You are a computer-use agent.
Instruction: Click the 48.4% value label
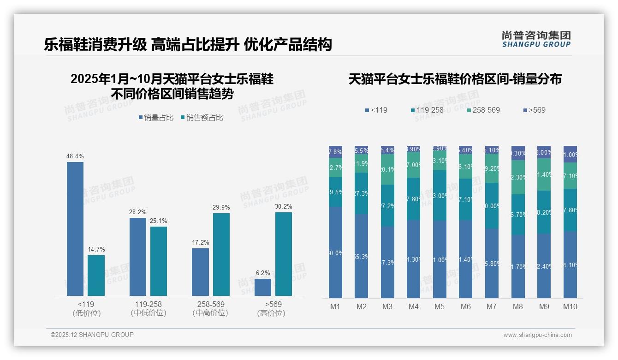(75, 156)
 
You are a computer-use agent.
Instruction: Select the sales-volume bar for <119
(75, 228)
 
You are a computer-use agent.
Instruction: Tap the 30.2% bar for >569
(283, 254)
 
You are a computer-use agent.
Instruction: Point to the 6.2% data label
(262, 273)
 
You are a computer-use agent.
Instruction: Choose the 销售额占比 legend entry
(202, 118)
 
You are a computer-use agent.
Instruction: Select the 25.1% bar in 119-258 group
(159, 261)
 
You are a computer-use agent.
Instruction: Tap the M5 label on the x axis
(439, 306)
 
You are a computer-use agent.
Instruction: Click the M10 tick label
(570, 306)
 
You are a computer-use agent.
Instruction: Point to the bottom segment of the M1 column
(336, 252)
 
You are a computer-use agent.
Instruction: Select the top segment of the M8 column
(518, 153)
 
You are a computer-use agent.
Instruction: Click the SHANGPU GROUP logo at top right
(536, 39)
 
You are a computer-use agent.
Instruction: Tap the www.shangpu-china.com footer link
(537, 335)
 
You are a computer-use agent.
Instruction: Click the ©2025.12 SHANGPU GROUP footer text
(92, 335)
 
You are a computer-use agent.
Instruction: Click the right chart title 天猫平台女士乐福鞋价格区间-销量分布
(455, 79)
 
